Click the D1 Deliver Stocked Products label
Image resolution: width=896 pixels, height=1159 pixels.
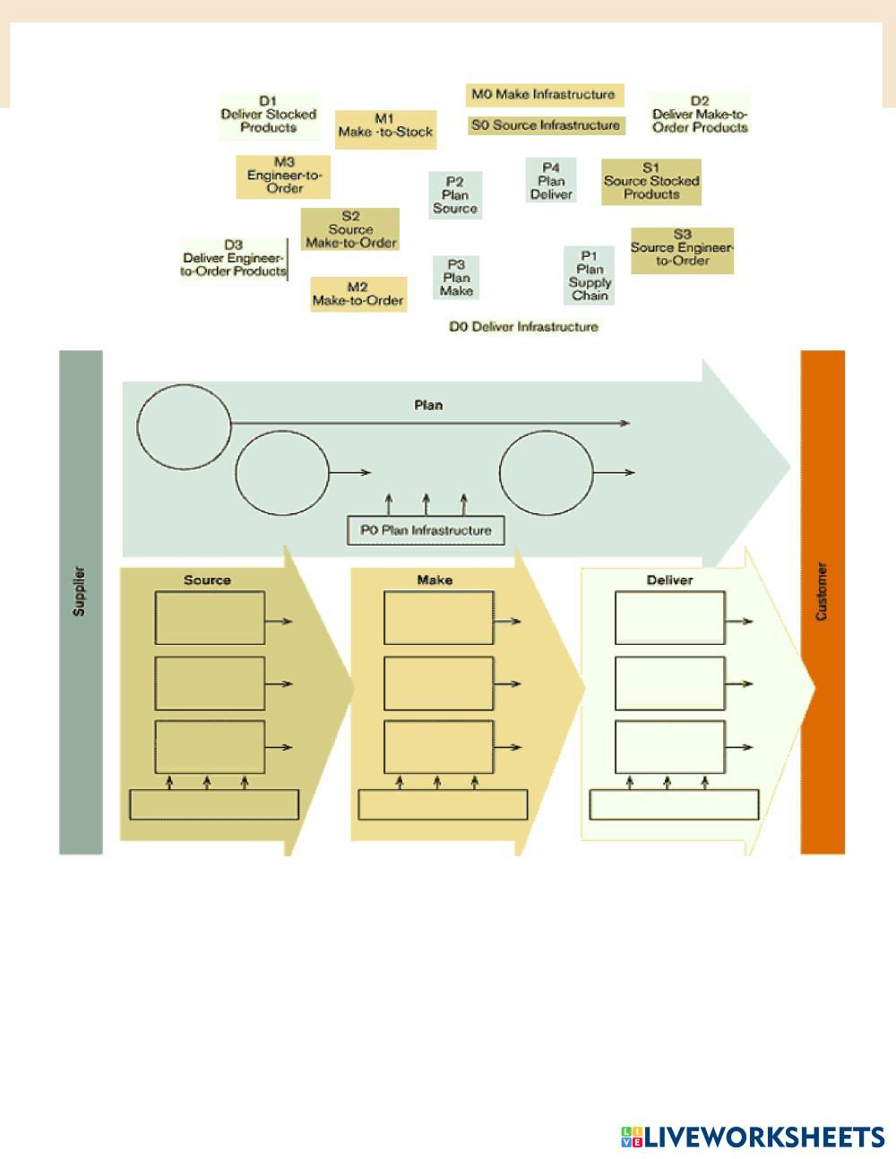tap(268, 115)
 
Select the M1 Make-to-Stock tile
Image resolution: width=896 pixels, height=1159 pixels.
tap(385, 125)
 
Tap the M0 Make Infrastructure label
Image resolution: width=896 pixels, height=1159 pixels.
tap(545, 94)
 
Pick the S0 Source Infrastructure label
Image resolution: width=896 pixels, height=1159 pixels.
tap(546, 125)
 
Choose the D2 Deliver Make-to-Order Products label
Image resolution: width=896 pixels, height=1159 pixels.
tap(700, 115)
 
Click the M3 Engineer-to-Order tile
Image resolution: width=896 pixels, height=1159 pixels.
tap(284, 176)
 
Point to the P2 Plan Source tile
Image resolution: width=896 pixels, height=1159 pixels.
tap(455, 194)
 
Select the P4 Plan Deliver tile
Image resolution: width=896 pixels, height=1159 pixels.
tap(551, 181)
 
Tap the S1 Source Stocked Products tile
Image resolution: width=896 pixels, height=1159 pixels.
tap(651, 181)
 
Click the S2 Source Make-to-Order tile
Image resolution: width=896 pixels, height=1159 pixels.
tap(350, 229)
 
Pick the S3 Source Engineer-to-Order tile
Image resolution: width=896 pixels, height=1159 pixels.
tap(682, 248)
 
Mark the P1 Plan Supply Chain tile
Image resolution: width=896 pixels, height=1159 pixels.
tap(590, 275)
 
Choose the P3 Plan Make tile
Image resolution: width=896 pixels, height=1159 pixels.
tap(456, 278)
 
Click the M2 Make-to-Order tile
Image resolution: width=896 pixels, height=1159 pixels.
tap(358, 294)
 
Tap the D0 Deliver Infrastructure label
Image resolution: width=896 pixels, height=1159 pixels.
tap(523, 327)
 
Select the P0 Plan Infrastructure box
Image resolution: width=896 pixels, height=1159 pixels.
tap(426, 530)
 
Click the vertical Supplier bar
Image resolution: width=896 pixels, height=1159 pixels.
tap(81, 601)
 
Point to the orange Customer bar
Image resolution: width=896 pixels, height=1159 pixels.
tap(823, 601)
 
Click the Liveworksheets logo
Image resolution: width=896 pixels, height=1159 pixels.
tap(752, 1137)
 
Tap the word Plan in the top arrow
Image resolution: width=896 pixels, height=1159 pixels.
tap(428, 405)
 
